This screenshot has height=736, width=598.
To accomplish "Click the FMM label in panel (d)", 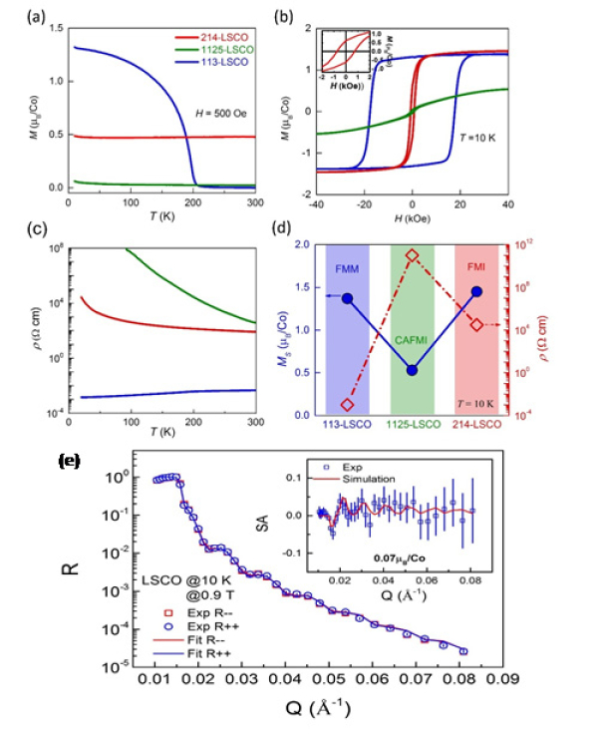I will (x=348, y=269).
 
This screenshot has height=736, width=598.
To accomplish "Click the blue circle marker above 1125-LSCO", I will (x=412, y=370).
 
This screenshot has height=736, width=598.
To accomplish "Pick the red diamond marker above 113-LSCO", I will (x=348, y=405).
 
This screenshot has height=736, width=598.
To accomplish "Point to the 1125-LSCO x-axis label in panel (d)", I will (x=412, y=424).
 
